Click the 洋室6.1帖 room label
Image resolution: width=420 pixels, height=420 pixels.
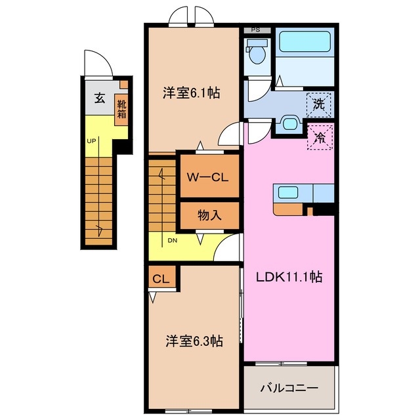point(191,93)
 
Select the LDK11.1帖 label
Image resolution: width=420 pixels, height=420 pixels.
point(289,277)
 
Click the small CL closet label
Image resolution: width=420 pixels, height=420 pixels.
point(161,279)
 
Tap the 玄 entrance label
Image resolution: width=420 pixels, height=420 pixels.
point(99,98)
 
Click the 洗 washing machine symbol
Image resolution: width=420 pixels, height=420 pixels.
point(319,103)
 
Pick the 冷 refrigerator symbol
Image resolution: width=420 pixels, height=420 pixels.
point(320,137)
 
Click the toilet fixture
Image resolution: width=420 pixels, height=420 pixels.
point(257,52)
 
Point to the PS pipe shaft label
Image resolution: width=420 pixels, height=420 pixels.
point(257,30)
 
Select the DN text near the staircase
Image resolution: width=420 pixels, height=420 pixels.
point(172,240)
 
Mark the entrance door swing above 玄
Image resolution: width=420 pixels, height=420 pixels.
point(98,64)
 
